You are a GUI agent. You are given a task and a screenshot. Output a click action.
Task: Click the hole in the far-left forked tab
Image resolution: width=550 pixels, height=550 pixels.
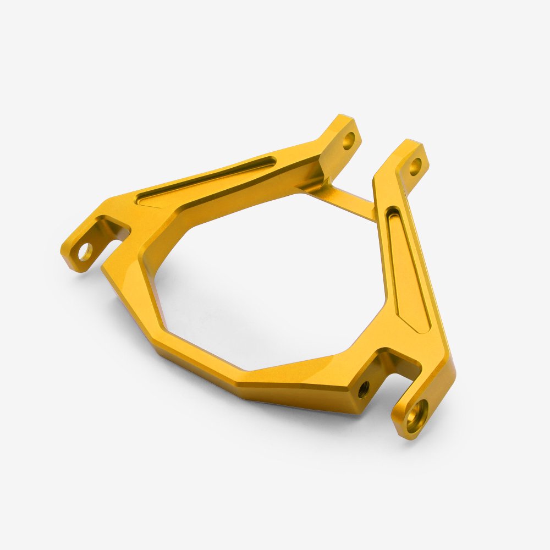85,252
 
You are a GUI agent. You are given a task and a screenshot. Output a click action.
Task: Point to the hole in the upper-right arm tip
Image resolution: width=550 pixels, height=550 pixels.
416,164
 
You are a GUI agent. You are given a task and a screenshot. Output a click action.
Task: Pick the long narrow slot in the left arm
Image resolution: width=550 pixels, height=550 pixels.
209,179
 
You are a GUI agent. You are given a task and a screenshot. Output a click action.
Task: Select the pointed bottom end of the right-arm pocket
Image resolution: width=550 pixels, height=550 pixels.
424,330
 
